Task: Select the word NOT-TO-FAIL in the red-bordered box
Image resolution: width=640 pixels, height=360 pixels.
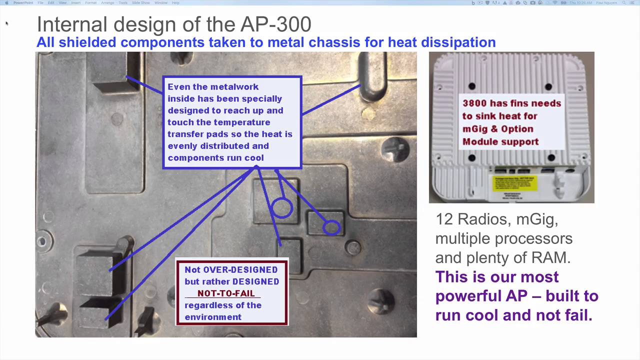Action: tap(225, 293)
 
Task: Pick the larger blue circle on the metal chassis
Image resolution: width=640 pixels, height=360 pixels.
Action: tap(281, 208)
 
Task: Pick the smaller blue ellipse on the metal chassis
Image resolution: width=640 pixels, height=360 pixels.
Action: tap(331, 228)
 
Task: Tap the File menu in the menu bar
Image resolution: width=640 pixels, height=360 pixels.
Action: tap(40, 3)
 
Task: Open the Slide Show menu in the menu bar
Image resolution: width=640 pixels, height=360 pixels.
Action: tap(141, 3)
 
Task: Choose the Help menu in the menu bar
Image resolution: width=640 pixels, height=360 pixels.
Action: tap(175, 3)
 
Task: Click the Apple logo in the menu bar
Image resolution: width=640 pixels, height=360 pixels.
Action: tap(6, 3)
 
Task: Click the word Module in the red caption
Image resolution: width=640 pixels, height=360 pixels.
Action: tap(480, 142)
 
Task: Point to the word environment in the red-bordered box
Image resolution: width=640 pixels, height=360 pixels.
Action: tap(213, 317)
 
